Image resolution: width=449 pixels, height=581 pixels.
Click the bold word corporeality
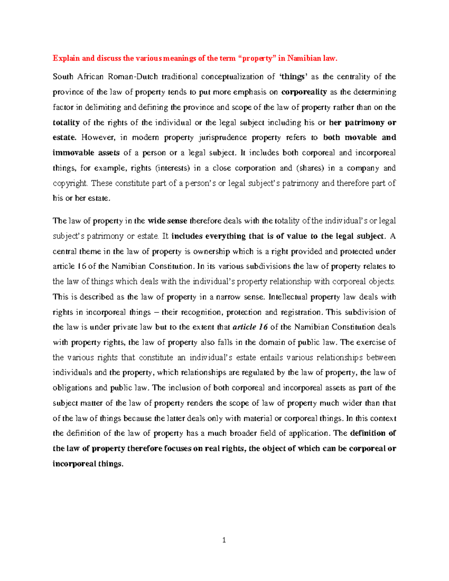(x=304, y=92)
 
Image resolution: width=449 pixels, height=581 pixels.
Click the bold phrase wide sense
(x=167, y=221)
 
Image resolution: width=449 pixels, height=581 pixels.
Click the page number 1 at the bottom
(x=224, y=540)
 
